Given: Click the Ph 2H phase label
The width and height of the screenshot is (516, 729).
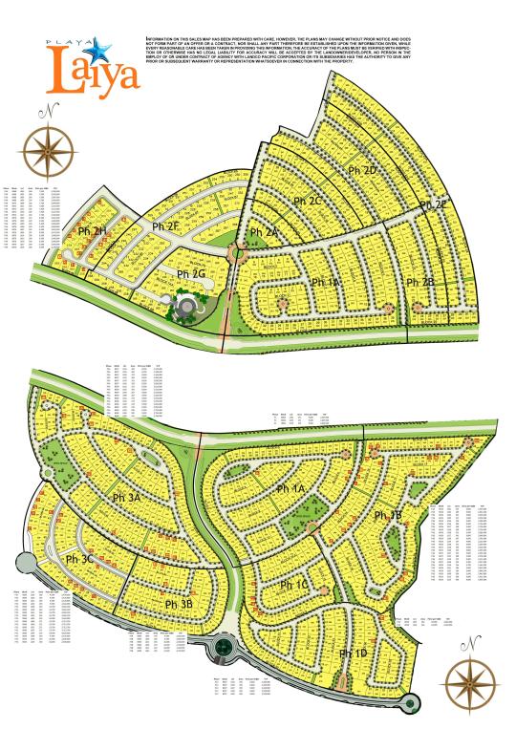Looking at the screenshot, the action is [94, 232].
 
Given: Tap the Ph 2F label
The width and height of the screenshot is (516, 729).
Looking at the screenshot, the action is [166, 226].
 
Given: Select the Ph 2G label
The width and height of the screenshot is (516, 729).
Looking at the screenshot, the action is [192, 274].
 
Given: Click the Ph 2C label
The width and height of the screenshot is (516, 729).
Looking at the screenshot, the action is [309, 202].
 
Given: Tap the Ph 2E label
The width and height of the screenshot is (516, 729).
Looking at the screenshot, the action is [433, 204].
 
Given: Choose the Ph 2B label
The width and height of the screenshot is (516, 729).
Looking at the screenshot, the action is [420, 282].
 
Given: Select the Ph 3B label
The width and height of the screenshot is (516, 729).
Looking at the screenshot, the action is [179, 604].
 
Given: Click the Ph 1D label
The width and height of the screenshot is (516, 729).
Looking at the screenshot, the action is [354, 653].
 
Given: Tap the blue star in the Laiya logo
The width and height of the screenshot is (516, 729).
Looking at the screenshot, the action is [99, 45].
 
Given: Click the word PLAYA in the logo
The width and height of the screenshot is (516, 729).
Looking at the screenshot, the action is [67, 42].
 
